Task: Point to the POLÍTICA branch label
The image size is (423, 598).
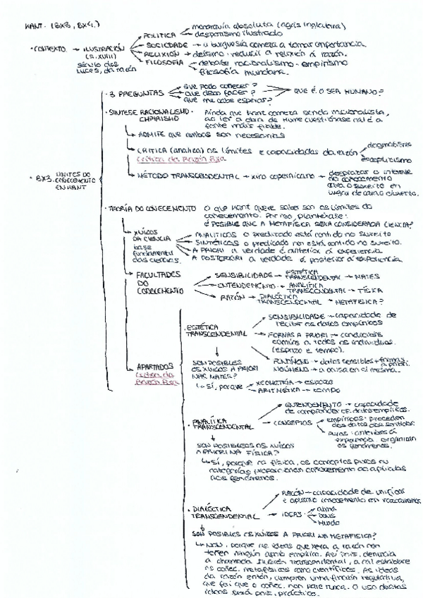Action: pos(160,34)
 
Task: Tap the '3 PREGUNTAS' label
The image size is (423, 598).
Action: pos(137,93)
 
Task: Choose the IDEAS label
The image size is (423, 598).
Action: pos(292,515)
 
